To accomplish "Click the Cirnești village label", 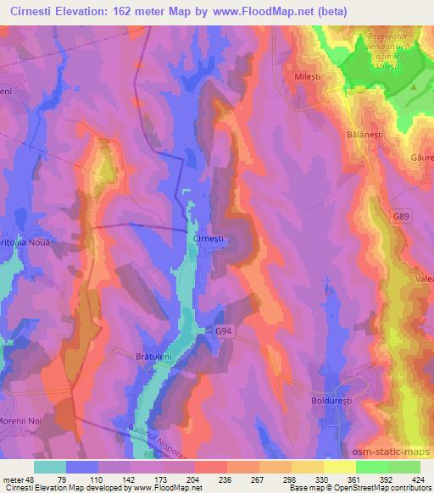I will tap(207, 240).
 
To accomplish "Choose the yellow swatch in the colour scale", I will tap(338, 467).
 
